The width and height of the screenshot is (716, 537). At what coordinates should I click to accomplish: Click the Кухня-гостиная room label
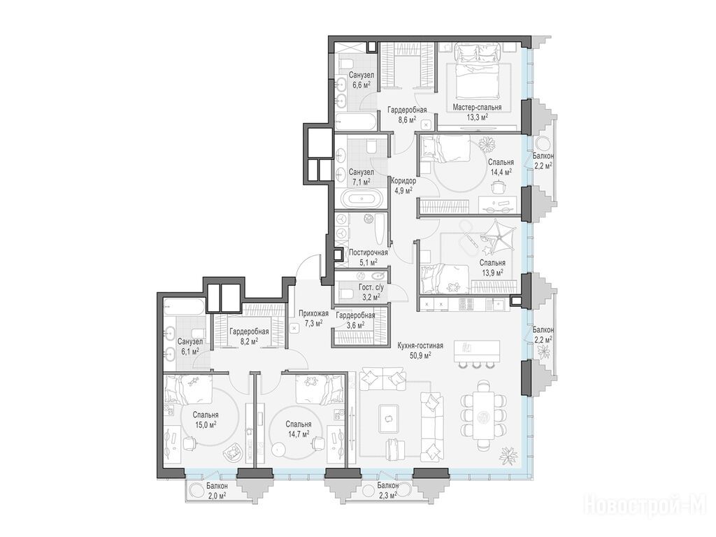[x=420, y=345]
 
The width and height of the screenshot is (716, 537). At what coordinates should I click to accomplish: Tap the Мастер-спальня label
[x=477, y=107]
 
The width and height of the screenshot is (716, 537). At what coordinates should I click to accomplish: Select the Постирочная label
[x=368, y=252]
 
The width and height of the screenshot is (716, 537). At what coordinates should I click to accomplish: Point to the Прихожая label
[x=314, y=313]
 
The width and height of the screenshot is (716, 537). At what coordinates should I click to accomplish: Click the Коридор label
[x=403, y=181]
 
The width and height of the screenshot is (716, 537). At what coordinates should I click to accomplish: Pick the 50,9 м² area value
[x=420, y=355]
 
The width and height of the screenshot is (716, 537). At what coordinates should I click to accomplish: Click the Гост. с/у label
[x=371, y=287]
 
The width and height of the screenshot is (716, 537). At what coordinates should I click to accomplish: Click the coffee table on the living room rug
[x=389, y=418]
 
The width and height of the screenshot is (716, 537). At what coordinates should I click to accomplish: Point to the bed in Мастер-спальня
[x=477, y=68]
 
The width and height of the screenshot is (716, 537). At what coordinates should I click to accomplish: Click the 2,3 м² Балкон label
[x=387, y=489]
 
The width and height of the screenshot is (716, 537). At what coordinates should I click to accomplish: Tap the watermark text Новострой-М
[x=645, y=504]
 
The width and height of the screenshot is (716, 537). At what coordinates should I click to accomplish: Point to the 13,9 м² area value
[x=492, y=272]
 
